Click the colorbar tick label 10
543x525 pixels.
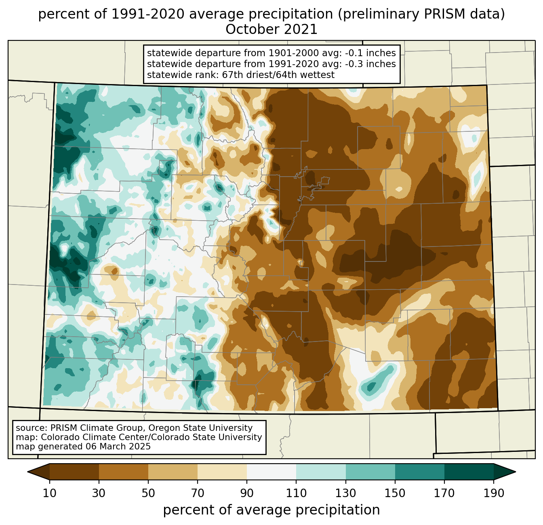pyautogui.click(x=50, y=493)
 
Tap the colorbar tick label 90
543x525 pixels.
pyautogui.click(x=247, y=493)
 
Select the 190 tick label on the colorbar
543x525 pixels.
pyautogui.click(x=494, y=493)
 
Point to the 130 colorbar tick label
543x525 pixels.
pyautogui.click(x=346, y=493)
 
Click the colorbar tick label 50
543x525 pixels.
pyautogui.click(x=148, y=493)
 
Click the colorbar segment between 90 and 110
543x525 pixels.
pyautogui.click(x=271, y=472)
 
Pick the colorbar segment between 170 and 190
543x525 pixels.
pyautogui.click(x=469, y=472)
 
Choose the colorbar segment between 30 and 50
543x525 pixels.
pyautogui.click(x=124, y=472)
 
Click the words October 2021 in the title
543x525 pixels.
pyautogui.click(x=271, y=30)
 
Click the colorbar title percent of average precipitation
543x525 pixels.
pyautogui.click(x=271, y=510)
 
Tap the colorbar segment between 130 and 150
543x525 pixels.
pyautogui.click(x=370, y=472)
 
